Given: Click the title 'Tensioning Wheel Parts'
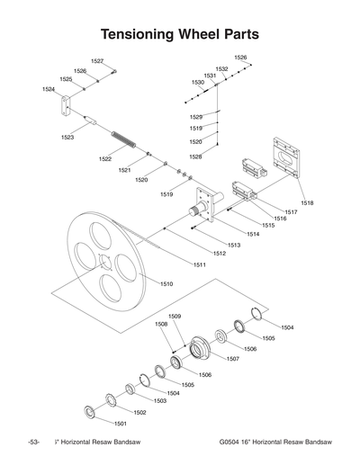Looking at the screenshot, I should point(180,34).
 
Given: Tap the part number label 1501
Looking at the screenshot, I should point(120,422).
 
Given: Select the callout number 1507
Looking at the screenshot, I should point(232,359).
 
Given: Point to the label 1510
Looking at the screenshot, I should point(166,283).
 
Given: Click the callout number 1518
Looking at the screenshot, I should point(308,203).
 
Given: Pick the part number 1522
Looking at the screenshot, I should point(105,159).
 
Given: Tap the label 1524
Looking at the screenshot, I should point(49,90).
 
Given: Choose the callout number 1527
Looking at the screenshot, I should point(97,60).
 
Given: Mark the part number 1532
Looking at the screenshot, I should point(221,69).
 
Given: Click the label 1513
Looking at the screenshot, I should point(233,245).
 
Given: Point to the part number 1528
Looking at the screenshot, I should point(195,157).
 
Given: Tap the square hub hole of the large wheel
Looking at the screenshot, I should point(107,264).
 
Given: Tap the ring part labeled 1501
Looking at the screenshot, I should point(90,412).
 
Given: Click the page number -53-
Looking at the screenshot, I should point(34,443).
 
